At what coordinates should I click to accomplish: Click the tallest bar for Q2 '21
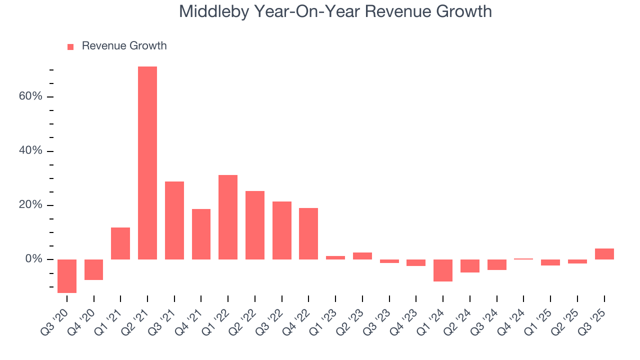click(147, 162)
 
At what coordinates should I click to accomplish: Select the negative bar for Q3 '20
click(67, 276)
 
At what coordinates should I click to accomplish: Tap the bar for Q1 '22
click(228, 217)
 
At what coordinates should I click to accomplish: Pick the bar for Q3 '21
click(174, 220)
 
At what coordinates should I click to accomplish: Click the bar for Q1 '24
click(443, 270)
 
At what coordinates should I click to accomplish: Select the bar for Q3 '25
click(604, 254)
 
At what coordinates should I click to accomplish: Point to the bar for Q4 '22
click(308, 233)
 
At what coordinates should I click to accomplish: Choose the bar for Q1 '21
click(120, 243)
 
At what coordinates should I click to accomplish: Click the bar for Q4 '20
click(94, 269)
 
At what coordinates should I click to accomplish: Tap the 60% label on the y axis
click(30, 96)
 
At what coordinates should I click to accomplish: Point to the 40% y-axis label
click(30, 151)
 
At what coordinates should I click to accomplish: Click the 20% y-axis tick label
click(30, 205)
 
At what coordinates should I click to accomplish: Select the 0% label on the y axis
click(33, 259)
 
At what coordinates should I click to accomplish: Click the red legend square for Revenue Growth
click(70, 46)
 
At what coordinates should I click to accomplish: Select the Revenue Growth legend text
click(124, 46)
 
